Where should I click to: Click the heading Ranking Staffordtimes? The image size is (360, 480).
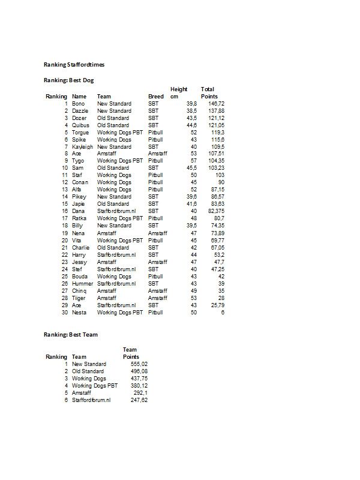click(75, 64)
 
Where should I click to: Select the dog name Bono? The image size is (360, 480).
click(79, 104)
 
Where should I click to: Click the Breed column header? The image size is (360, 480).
click(155, 97)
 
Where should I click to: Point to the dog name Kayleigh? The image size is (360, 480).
click(82, 147)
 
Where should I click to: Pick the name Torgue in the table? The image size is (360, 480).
click(80, 133)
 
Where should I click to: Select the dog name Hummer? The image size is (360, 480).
click(82, 284)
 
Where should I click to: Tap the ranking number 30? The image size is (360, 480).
click(64, 313)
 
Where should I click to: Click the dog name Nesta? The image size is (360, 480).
click(79, 313)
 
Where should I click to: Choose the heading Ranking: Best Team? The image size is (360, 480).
click(71, 334)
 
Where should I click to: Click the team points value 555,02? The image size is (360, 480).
click(139, 364)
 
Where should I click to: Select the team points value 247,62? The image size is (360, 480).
click(139, 400)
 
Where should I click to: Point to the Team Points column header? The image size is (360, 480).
click(131, 353)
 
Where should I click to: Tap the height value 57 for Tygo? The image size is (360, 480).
click(193, 161)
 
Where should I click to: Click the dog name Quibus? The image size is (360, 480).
click(80, 125)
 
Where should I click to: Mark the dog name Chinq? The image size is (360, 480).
click(80, 291)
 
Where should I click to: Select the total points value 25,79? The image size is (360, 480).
click(217, 305)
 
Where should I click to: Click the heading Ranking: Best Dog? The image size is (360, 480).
click(68, 80)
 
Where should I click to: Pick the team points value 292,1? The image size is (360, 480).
click(140, 393)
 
